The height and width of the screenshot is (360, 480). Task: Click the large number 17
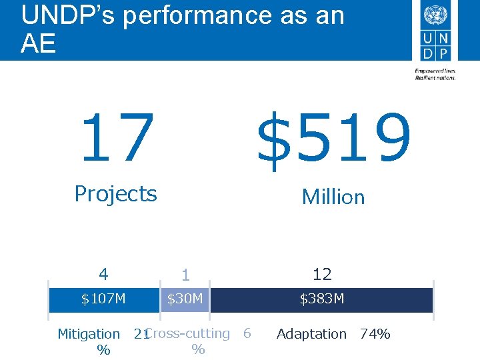click(117, 138)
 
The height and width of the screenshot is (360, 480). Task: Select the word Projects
click(115, 194)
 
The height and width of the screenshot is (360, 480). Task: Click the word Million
click(333, 197)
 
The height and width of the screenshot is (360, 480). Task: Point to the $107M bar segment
click(103, 299)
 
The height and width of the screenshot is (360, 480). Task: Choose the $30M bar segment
click(185, 299)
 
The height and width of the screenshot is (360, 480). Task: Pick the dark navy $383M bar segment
click(322, 299)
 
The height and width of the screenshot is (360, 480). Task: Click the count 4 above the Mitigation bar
click(103, 274)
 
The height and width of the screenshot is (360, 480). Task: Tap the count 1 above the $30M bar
click(185, 275)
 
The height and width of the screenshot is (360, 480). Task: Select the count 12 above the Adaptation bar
click(322, 274)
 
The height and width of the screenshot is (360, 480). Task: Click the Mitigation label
click(89, 334)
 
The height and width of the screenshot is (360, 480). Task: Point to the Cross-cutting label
click(187, 333)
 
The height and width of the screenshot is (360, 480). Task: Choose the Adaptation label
click(311, 334)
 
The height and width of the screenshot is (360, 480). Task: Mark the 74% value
click(375, 334)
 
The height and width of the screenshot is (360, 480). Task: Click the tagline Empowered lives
click(435, 71)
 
